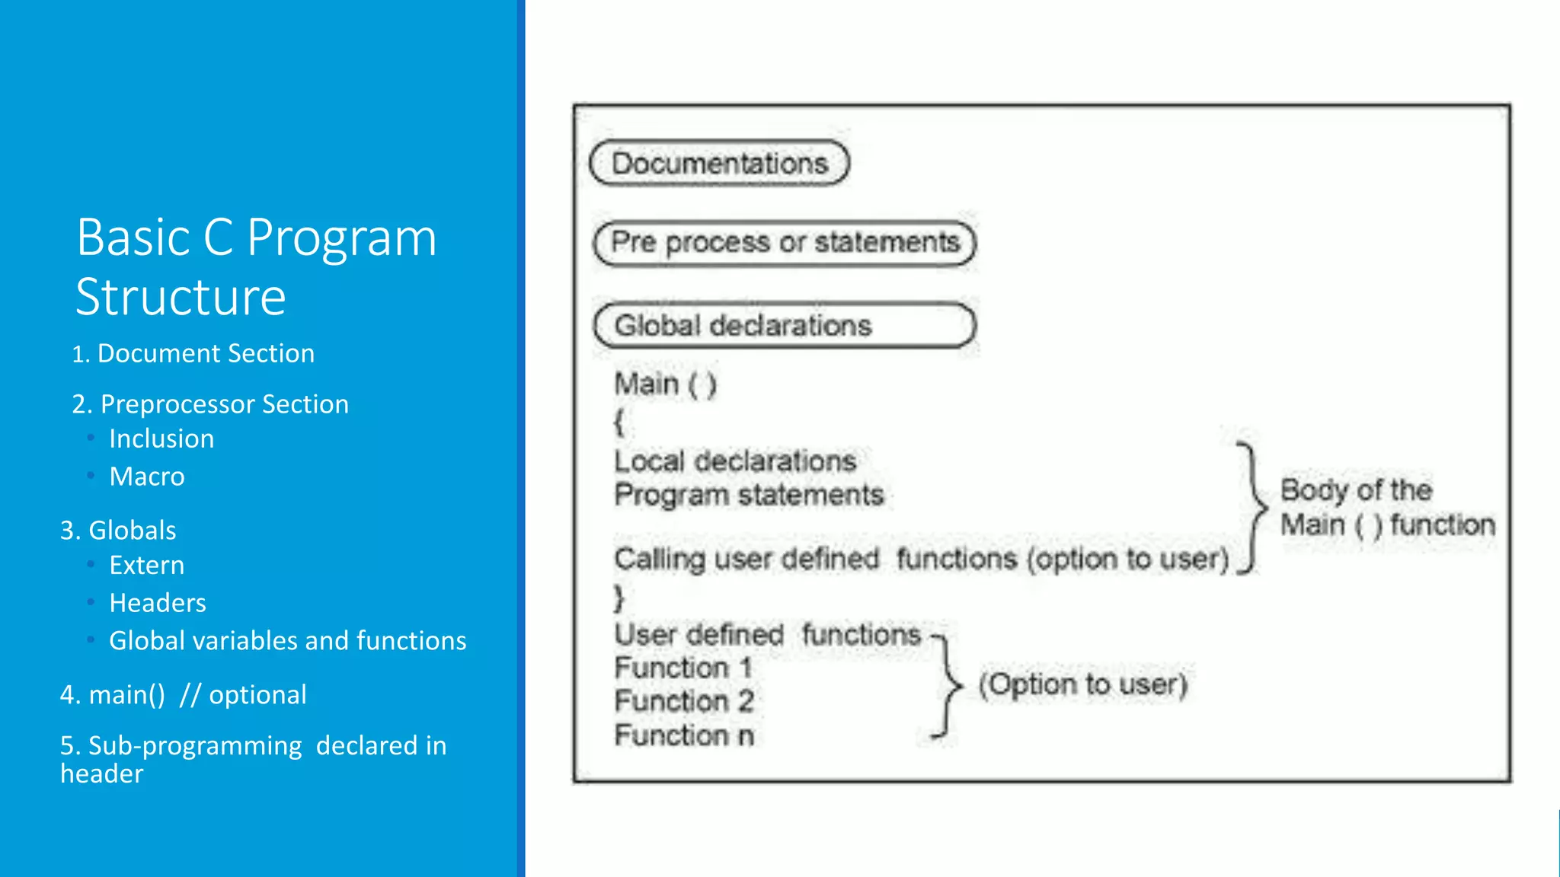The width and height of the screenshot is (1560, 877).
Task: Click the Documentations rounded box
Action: tap(720, 163)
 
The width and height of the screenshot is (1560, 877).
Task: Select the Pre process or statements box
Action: tap(785, 243)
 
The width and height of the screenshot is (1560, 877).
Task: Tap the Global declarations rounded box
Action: tap(785, 326)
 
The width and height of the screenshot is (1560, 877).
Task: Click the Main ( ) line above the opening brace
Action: tap(665, 384)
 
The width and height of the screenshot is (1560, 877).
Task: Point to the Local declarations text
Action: tap(735, 461)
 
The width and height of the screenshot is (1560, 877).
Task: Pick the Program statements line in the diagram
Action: tap(749, 495)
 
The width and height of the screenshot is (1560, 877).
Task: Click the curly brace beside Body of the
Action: tap(1252, 506)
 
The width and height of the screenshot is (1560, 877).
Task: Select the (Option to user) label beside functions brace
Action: tap(1082, 684)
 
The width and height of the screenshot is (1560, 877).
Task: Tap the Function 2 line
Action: tap(684, 701)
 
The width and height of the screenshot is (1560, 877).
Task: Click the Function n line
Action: tap(684, 735)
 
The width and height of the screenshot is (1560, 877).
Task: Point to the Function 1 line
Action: tap(682, 668)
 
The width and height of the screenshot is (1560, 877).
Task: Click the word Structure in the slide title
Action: tap(181, 297)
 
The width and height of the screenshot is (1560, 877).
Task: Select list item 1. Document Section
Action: tap(193, 353)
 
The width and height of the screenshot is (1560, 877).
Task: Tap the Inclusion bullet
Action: tap(161, 438)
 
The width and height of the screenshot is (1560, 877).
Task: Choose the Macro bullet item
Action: tap(147, 477)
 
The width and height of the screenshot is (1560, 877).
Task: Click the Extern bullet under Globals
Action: tap(147, 565)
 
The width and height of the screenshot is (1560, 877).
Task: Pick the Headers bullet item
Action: tap(158, 603)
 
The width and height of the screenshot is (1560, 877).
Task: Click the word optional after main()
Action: tap(257, 694)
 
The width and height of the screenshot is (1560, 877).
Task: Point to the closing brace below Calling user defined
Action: tap(619, 598)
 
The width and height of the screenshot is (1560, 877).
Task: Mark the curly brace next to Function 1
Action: tap(946, 685)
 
